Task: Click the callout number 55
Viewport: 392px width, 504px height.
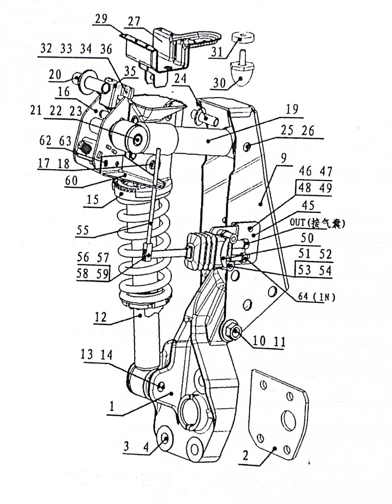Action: (x=85, y=229)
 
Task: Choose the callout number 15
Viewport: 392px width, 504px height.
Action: (x=92, y=201)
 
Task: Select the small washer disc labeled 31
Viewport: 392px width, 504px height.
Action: (x=243, y=37)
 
